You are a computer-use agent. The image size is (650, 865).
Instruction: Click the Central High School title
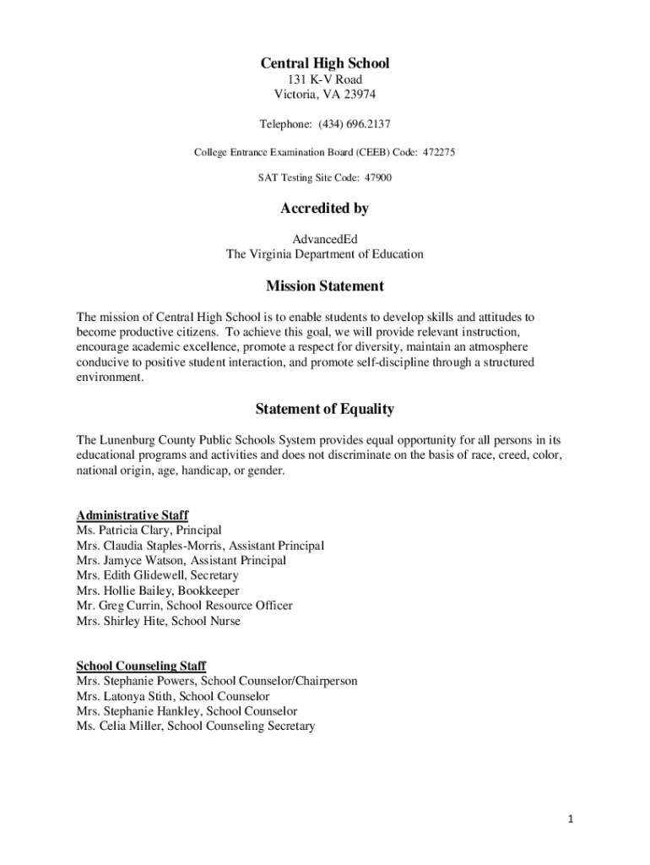tap(324, 63)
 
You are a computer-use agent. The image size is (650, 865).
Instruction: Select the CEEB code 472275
tap(438, 152)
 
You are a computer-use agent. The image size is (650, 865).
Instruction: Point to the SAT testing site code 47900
tap(377, 178)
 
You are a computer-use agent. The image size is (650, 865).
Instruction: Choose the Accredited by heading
tap(324, 208)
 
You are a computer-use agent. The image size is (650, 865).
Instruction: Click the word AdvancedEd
tap(324, 239)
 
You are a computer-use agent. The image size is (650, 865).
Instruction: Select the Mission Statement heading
tap(324, 286)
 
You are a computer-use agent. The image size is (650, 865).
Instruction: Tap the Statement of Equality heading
tap(324, 410)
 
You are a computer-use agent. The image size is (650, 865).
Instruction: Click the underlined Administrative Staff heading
tap(133, 515)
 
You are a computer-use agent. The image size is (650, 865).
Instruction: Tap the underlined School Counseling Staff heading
tap(141, 666)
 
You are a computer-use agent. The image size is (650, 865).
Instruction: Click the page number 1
tap(571, 819)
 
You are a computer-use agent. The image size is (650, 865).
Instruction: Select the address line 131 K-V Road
tap(324, 79)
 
